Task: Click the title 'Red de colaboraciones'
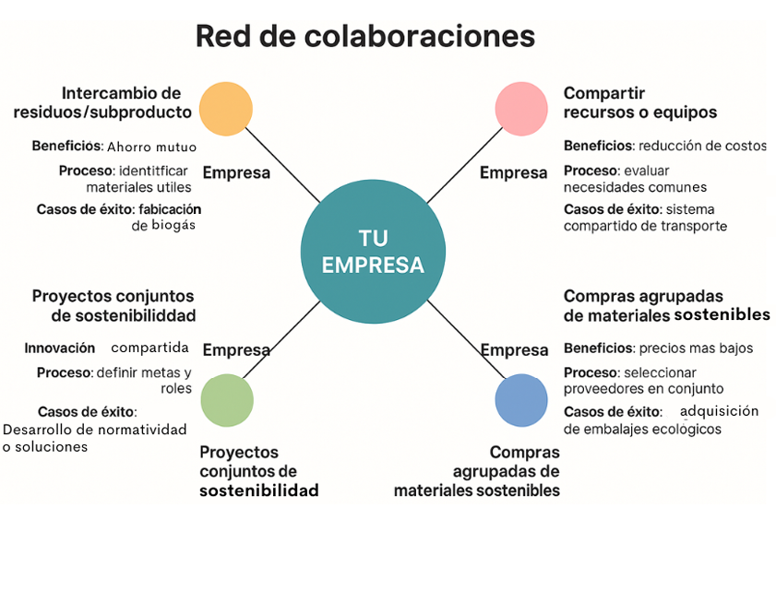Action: [365, 36]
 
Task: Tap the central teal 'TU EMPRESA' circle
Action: [373, 252]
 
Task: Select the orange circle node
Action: [225, 109]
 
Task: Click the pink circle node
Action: [521, 109]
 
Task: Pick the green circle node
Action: [226, 400]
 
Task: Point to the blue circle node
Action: [521, 400]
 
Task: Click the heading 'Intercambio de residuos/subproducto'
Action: [103, 102]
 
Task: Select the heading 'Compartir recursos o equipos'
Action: [639, 102]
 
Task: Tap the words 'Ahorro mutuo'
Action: [151, 147]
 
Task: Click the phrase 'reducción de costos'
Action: [702, 146]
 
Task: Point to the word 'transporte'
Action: [693, 226]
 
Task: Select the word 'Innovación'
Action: [60, 348]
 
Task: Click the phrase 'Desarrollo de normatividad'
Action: [94, 430]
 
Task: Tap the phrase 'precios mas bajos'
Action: [696, 348]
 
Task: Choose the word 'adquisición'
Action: [719, 411]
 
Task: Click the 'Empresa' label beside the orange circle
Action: [236, 172]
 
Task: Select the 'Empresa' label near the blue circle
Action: [514, 350]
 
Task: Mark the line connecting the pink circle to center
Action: [466, 165]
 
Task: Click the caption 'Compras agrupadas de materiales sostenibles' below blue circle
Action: [477, 472]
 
